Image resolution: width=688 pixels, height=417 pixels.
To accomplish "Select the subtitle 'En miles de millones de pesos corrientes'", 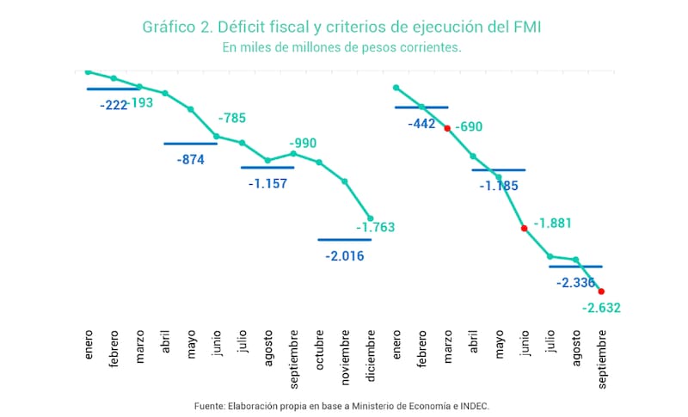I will tap(341, 48).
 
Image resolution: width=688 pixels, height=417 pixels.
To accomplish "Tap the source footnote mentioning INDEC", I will tap(343, 404).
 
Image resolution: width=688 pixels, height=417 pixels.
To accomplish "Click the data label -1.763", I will tap(375, 229).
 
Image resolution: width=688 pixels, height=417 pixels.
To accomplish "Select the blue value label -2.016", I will tap(344, 255).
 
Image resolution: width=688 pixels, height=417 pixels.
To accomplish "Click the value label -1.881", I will tap(552, 224).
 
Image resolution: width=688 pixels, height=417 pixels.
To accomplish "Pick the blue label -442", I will tap(422, 124).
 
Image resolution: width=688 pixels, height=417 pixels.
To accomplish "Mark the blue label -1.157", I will tap(267, 183).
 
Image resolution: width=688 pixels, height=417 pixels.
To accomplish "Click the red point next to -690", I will tap(447, 128).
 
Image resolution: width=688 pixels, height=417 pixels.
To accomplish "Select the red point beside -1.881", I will tap(524, 229).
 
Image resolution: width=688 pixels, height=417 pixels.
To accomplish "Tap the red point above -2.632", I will tap(601, 291).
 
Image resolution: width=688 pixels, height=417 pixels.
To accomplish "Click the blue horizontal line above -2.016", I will tap(344, 240).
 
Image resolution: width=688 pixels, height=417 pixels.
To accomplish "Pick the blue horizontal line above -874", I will tap(190, 144).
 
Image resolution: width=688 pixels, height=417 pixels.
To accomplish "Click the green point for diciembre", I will tap(371, 218).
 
